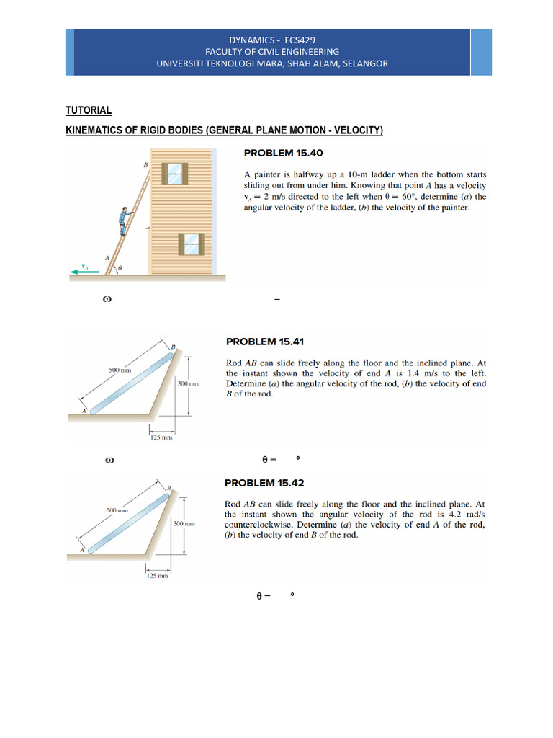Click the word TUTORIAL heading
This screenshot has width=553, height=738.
89,110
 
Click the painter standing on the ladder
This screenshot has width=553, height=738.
125,220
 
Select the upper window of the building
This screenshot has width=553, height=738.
174,173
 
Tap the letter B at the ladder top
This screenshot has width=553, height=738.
145,166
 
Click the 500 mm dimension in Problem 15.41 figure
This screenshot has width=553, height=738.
120,370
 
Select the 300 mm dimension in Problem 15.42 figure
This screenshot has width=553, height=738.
184,523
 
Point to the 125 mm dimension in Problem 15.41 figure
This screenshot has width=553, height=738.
159,437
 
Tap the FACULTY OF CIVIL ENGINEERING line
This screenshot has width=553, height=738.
272,52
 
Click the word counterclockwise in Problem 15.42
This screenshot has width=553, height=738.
258,525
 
